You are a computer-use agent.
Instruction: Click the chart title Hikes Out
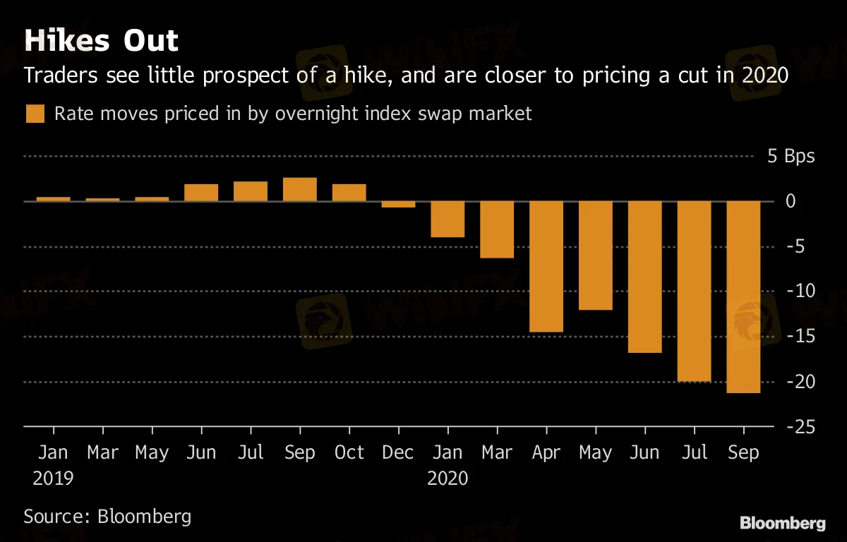point(101,40)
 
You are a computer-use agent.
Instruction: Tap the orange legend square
point(35,114)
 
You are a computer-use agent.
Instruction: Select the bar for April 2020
point(546,266)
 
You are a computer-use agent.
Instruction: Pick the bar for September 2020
point(743,296)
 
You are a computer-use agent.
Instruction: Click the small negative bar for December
point(398,204)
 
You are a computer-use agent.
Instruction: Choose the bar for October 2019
point(349,193)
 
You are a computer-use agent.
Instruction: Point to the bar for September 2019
point(300,189)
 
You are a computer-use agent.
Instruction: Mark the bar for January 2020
point(447,219)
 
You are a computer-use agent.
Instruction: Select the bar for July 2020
point(694,291)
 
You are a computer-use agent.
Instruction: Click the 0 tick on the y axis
point(810,201)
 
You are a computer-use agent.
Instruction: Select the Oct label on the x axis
point(349,452)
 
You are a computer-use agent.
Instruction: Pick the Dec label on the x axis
point(398,452)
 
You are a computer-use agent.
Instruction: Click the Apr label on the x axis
point(546,452)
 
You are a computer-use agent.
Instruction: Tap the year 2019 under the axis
point(53,478)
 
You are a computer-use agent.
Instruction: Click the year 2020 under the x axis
point(447,478)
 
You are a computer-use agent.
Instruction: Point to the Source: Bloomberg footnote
point(107,516)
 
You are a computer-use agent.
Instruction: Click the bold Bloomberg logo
point(782,523)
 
